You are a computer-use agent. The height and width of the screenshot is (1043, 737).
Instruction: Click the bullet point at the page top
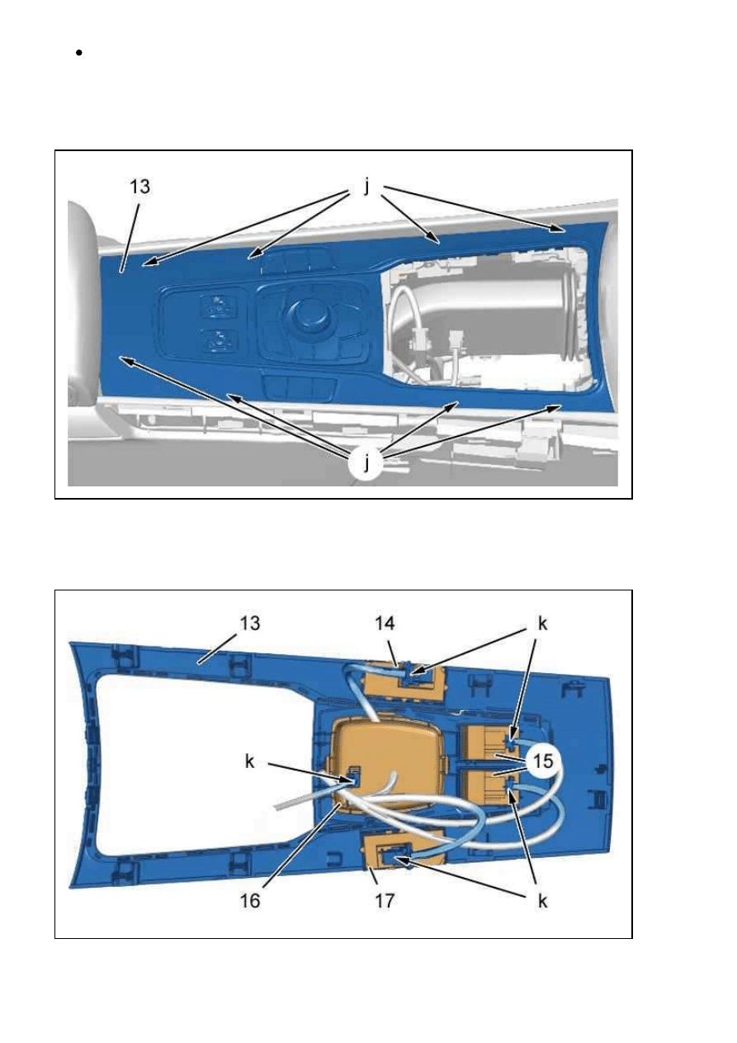point(78,53)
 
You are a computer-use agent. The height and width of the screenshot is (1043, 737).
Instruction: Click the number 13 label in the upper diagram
point(139,187)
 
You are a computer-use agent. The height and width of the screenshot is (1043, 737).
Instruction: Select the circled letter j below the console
point(366,462)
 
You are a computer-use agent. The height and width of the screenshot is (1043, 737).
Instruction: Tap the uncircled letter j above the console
point(366,187)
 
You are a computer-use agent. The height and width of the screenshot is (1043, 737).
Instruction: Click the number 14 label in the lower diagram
point(385,623)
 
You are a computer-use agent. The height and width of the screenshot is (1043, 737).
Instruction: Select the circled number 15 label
point(542,761)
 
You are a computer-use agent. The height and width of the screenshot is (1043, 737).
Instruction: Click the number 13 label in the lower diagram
point(249,623)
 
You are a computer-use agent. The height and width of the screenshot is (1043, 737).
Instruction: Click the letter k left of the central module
point(250,761)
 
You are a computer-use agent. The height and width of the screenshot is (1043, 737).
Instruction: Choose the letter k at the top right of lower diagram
point(542,623)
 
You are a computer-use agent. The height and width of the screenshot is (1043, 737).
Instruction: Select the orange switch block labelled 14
point(404,679)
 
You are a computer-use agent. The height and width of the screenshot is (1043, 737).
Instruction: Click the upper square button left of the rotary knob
point(216,307)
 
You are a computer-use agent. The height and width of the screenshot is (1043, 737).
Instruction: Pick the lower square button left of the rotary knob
point(217,341)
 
